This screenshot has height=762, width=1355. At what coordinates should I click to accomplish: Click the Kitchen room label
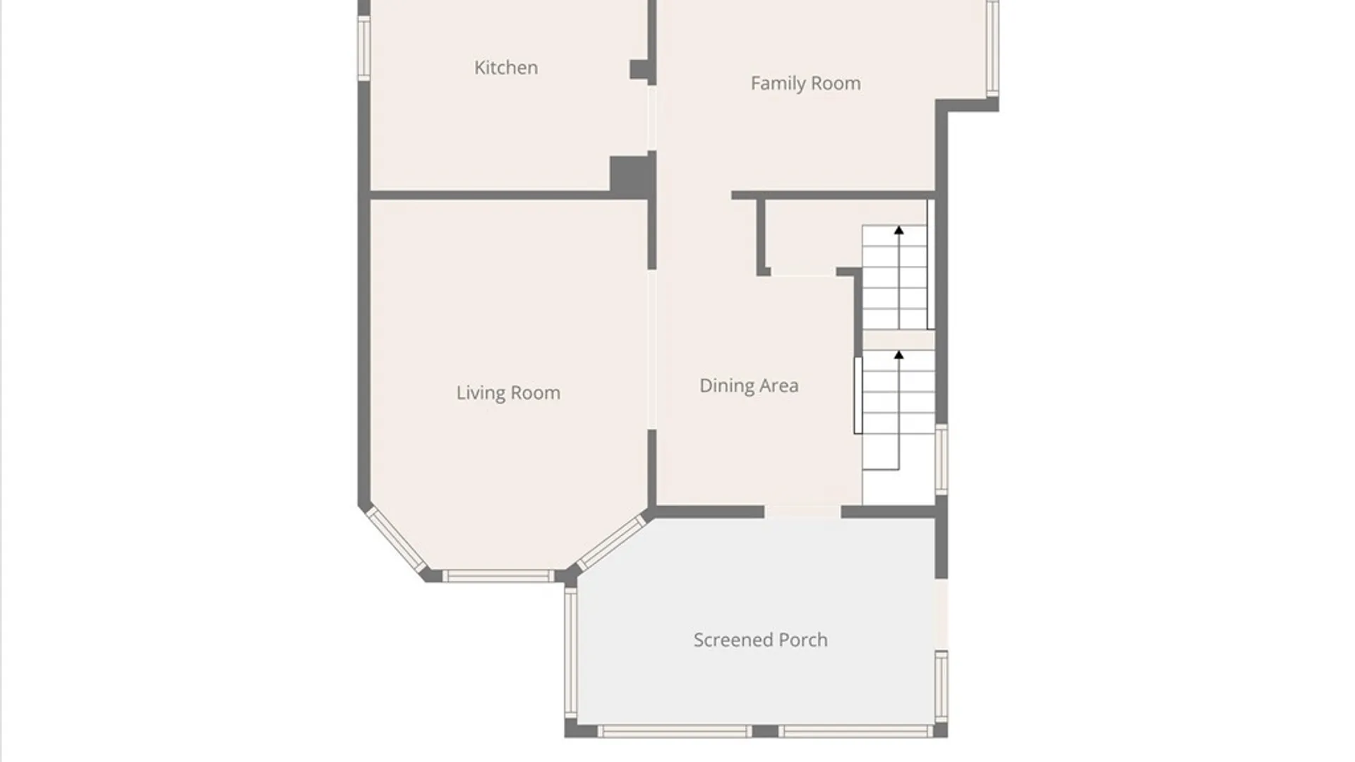click(x=506, y=68)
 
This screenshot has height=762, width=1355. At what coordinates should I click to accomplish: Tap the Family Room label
click(x=805, y=83)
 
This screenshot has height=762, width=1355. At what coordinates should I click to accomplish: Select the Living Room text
click(x=508, y=393)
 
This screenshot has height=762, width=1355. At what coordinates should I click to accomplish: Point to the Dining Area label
click(x=749, y=386)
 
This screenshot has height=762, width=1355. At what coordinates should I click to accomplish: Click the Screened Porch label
click(x=760, y=640)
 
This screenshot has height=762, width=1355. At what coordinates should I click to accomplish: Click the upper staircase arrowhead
click(x=898, y=230)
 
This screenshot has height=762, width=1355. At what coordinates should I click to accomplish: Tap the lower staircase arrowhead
click(x=898, y=355)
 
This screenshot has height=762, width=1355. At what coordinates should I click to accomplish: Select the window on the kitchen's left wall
click(x=364, y=48)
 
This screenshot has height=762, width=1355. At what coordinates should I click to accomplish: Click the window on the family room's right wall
click(x=992, y=48)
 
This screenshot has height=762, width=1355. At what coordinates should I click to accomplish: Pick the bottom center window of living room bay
click(x=498, y=576)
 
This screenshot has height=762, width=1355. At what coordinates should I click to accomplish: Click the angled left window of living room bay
click(x=397, y=540)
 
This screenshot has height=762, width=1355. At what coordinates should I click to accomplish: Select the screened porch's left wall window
click(x=570, y=653)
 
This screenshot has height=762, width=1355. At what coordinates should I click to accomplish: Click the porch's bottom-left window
click(x=673, y=732)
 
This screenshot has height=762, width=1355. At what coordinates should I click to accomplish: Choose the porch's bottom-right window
click(x=856, y=732)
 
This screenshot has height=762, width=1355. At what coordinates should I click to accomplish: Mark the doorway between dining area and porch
click(x=802, y=512)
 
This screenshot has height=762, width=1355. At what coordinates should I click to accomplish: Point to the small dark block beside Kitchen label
click(x=640, y=70)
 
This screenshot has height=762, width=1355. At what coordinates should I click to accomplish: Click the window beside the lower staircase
click(x=941, y=459)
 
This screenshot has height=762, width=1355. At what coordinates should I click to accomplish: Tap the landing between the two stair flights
click(x=898, y=339)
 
